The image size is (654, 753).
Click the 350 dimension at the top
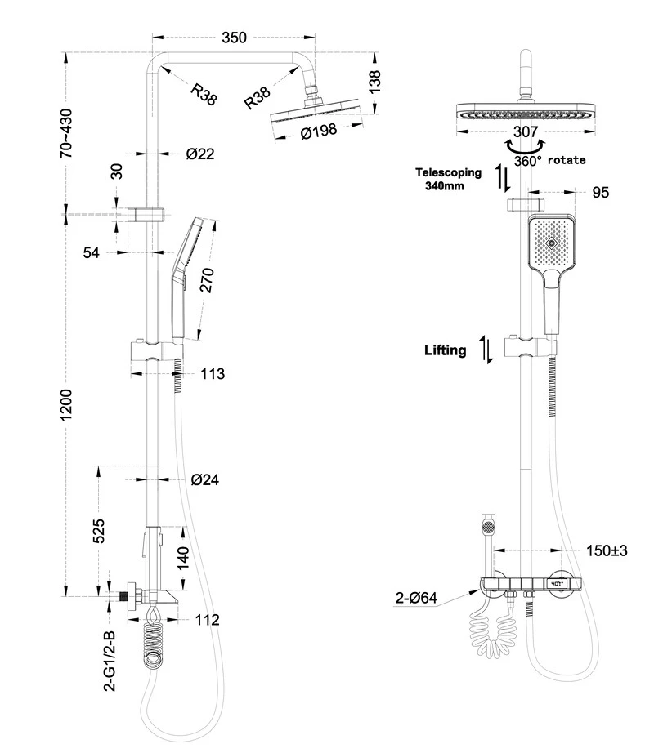233,38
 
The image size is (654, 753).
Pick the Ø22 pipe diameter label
200,153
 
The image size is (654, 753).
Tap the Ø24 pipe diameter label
205,479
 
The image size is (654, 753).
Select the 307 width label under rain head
525,131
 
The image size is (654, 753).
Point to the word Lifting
445,350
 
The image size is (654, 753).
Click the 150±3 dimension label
605,551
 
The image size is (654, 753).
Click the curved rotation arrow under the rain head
524,148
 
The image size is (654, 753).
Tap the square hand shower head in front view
553,243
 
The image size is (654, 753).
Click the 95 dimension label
600,193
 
